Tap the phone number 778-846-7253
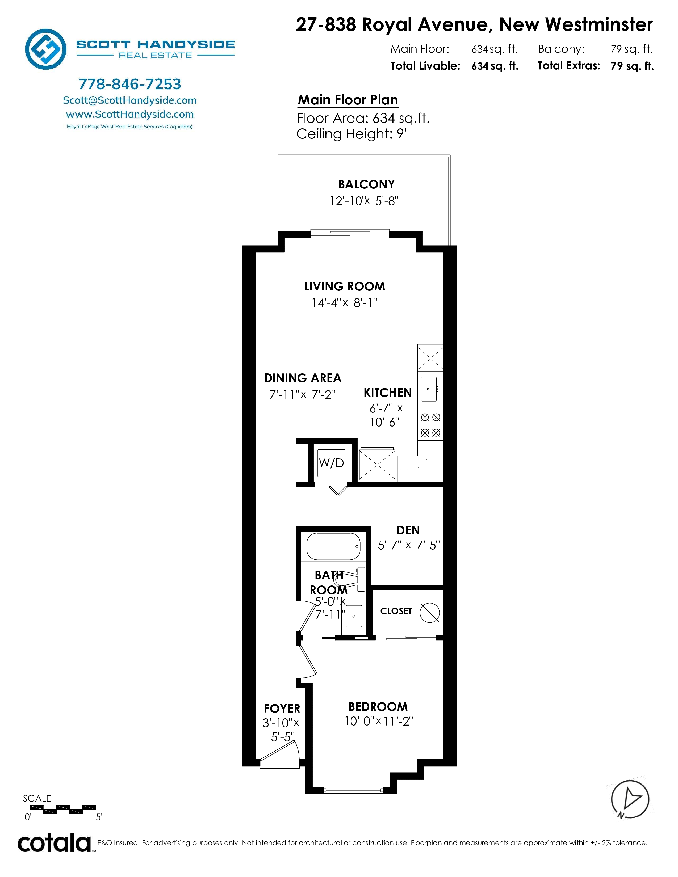130,84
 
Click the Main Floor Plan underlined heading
348,100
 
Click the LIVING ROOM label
345,286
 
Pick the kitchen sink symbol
429,389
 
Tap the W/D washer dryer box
331,463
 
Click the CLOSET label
396,611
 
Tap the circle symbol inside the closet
429,613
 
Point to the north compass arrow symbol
630,799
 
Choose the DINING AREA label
303,378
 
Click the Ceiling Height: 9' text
352,134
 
